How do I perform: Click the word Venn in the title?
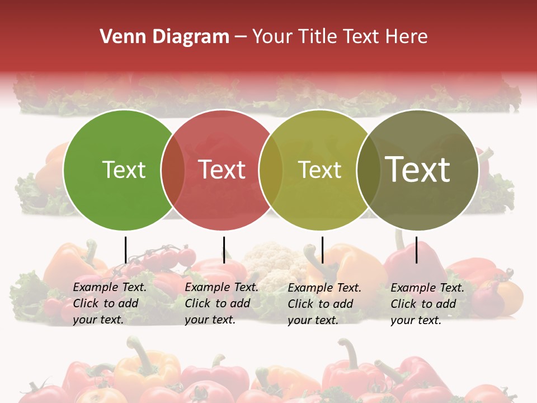click(116, 37)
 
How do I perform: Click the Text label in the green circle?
click(124, 170)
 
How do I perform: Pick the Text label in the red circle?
click(222, 170)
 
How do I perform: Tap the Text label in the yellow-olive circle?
click(319, 170)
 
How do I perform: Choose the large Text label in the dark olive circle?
click(418, 170)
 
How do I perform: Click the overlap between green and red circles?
click(173, 170)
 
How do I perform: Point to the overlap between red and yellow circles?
click(271, 170)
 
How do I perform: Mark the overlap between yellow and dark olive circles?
click(369, 170)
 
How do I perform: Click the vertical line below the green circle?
click(125, 250)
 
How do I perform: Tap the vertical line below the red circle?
click(224, 250)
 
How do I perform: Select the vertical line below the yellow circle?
click(322, 250)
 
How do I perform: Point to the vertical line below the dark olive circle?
click(416, 250)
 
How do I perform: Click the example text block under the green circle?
click(109, 303)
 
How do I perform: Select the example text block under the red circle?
click(221, 303)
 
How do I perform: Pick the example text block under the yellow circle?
click(324, 304)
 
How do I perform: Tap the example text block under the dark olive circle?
click(427, 304)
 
